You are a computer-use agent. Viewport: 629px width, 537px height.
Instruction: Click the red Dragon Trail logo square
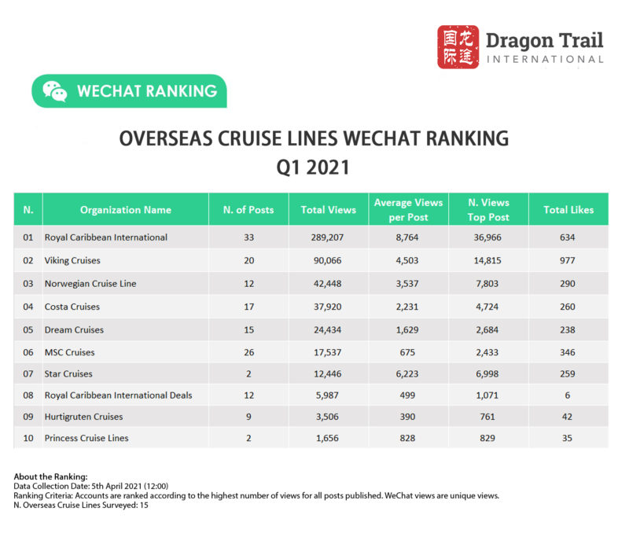coord(458,46)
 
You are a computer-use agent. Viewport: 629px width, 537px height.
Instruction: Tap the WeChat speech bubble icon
coord(54,91)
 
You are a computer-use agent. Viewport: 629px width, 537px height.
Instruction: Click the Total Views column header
coord(328,210)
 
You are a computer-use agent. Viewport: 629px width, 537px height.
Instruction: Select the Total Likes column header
coord(568,210)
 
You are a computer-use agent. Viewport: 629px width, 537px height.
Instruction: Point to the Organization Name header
coord(125,210)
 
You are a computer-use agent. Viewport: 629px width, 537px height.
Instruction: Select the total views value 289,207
coord(328,237)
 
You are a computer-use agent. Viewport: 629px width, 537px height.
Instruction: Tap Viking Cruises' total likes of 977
coord(568,260)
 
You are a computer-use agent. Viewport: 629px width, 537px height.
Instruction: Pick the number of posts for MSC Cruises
coord(248,351)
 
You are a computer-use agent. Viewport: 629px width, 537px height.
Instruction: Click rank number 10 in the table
coord(28,438)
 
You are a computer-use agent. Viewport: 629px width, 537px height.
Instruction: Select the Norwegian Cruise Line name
coord(91,283)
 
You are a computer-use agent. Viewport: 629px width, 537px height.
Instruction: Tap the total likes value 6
coord(568,395)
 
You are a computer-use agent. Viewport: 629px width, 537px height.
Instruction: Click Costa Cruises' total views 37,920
coord(328,307)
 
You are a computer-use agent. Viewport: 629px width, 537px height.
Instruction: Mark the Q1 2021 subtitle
coord(314,167)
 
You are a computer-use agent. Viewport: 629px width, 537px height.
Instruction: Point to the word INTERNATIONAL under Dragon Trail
coord(545,60)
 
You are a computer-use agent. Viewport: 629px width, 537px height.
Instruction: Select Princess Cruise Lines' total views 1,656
coord(328,438)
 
